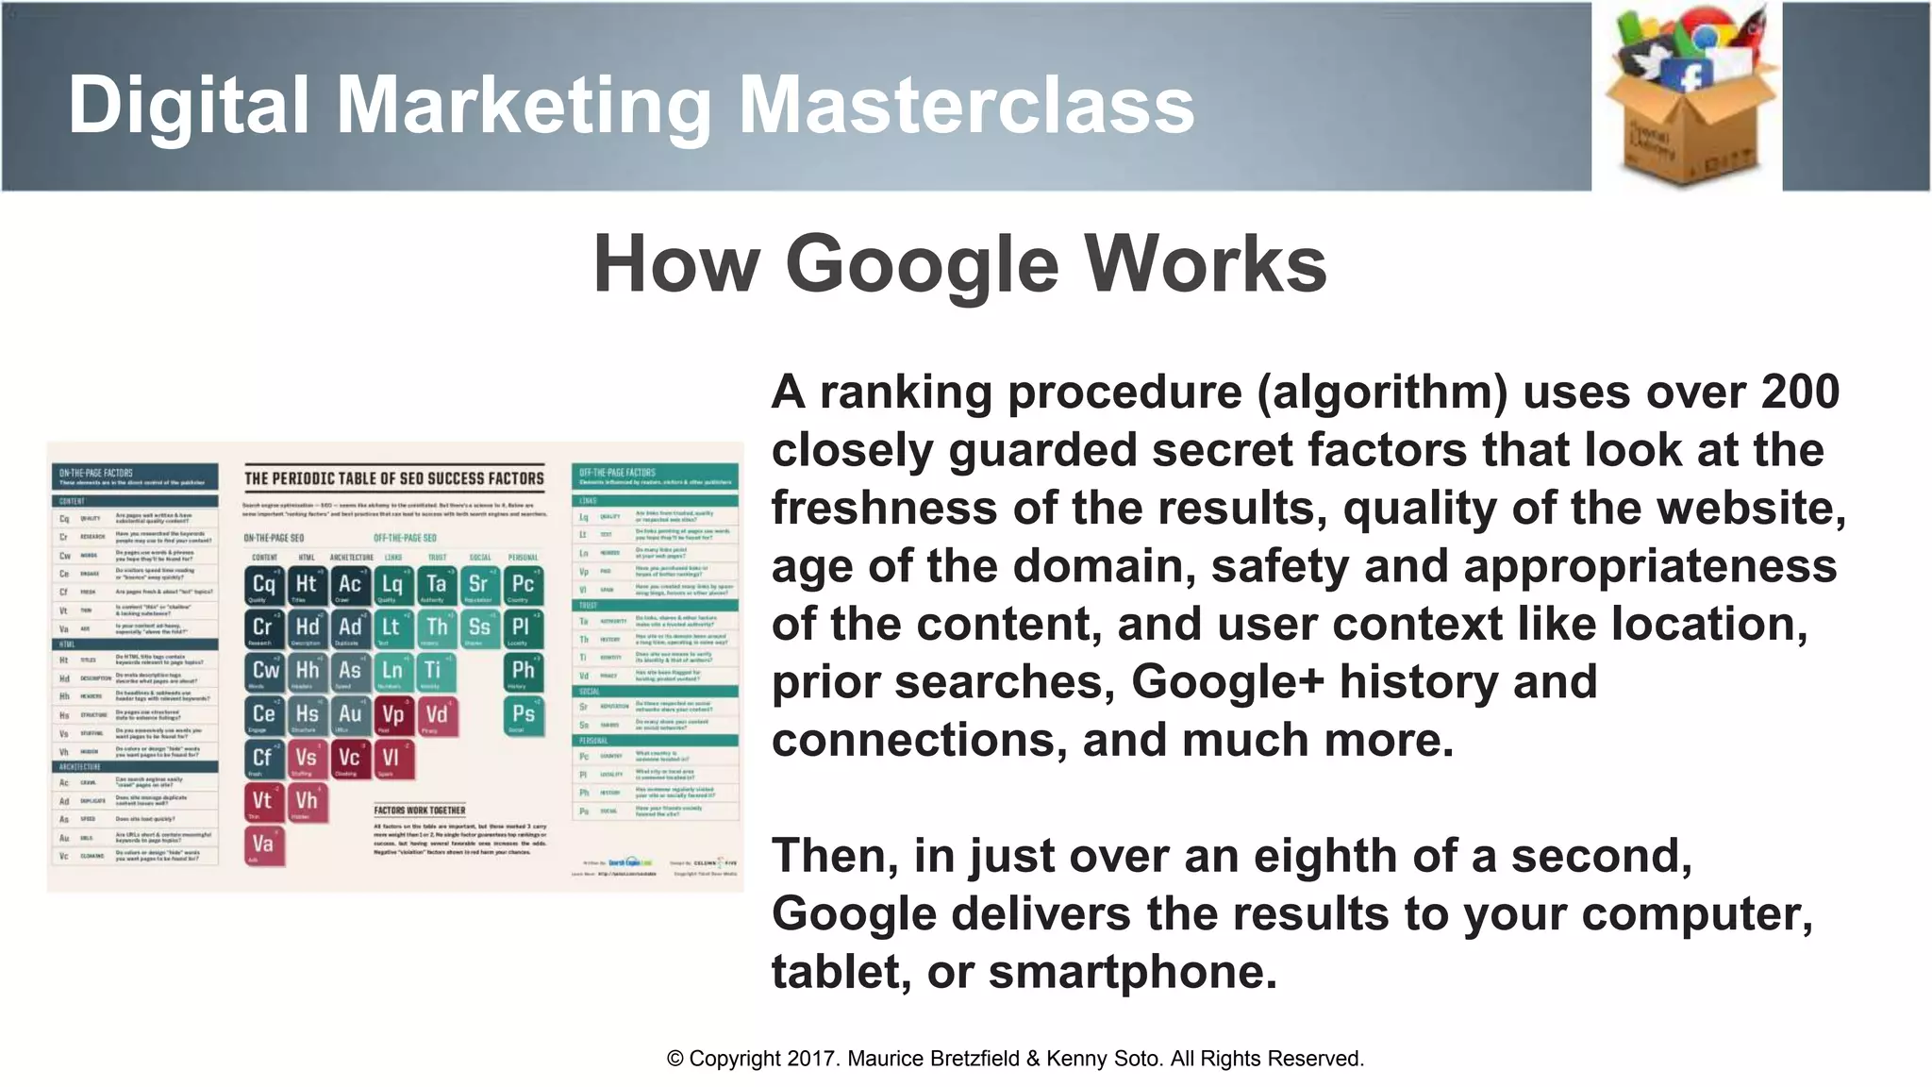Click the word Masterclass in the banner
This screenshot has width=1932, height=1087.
pyautogui.click(x=966, y=104)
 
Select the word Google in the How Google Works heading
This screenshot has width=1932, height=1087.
pyautogui.click(x=923, y=264)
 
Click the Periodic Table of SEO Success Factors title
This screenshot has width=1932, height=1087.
pyautogui.click(x=394, y=478)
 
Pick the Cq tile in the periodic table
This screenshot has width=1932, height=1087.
pyautogui.click(x=264, y=585)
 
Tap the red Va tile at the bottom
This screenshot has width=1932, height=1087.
pyautogui.click(x=263, y=845)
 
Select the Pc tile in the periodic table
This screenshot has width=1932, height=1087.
pyautogui.click(x=522, y=585)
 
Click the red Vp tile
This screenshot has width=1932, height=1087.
pyautogui.click(x=393, y=715)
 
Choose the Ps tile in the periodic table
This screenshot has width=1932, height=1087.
pyautogui.click(x=522, y=715)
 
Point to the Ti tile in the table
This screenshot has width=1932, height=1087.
pyautogui.click(x=434, y=672)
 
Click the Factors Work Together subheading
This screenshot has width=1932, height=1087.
pyautogui.click(x=420, y=810)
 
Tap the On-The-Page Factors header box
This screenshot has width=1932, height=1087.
pyautogui.click(x=133, y=476)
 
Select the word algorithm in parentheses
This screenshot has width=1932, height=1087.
pyautogui.click(x=1382, y=392)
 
